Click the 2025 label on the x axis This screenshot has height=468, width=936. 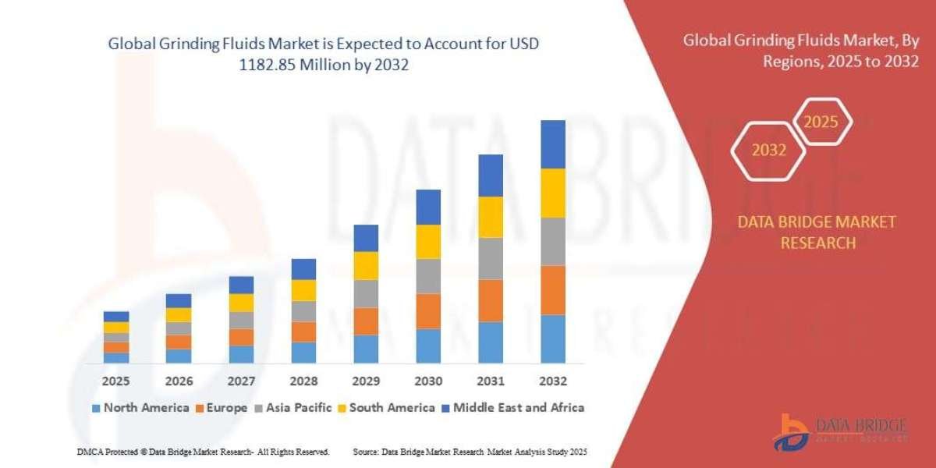point(116,381)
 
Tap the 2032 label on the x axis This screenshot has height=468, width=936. point(553,381)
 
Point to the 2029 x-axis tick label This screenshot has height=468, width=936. point(366,381)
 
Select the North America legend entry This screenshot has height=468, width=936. point(140,407)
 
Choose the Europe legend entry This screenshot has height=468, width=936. point(222,407)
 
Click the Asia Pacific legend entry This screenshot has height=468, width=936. point(293,407)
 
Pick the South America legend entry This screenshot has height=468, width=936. point(386,407)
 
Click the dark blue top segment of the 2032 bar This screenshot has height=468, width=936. point(553,144)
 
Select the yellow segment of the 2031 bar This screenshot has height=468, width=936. point(491,217)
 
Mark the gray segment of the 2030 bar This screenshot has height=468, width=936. point(428,276)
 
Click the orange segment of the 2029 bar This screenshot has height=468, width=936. point(366,321)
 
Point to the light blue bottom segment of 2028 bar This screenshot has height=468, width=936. point(303,353)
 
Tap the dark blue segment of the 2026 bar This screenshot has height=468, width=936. point(179,300)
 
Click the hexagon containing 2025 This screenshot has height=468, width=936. point(821,122)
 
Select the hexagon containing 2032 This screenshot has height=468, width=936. point(768,151)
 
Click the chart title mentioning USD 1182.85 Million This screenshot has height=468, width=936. point(324,55)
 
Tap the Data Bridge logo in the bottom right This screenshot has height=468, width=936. point(840,432)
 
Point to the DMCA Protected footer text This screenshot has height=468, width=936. point(204,452)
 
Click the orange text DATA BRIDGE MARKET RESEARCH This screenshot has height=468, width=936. point(817,232)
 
